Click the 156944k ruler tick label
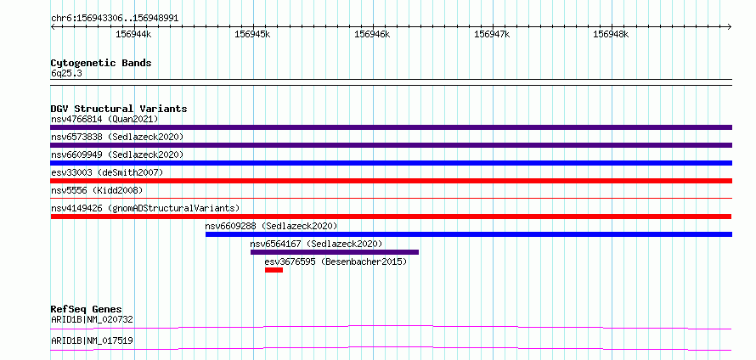click(133, 34)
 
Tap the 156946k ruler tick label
click(372, 34)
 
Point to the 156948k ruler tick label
click(611, 34)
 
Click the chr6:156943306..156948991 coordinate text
click(115, 19)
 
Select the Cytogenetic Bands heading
click(101, 63)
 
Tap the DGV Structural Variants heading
click(119, 109)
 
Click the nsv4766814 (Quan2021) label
click(104, 119)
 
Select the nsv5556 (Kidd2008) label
click(97, 190)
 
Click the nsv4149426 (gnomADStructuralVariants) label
click(145, 208)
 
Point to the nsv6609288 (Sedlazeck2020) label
click(271, 226)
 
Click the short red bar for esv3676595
click(274, 270)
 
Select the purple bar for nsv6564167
click(335, 252)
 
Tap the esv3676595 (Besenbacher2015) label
click(336, 262)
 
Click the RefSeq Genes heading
click(87, 309)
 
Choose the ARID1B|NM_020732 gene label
click(92, 319)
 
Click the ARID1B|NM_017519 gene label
click(92, 341)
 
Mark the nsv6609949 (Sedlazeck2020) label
click(117, 155)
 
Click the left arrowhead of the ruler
click(53, 27)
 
